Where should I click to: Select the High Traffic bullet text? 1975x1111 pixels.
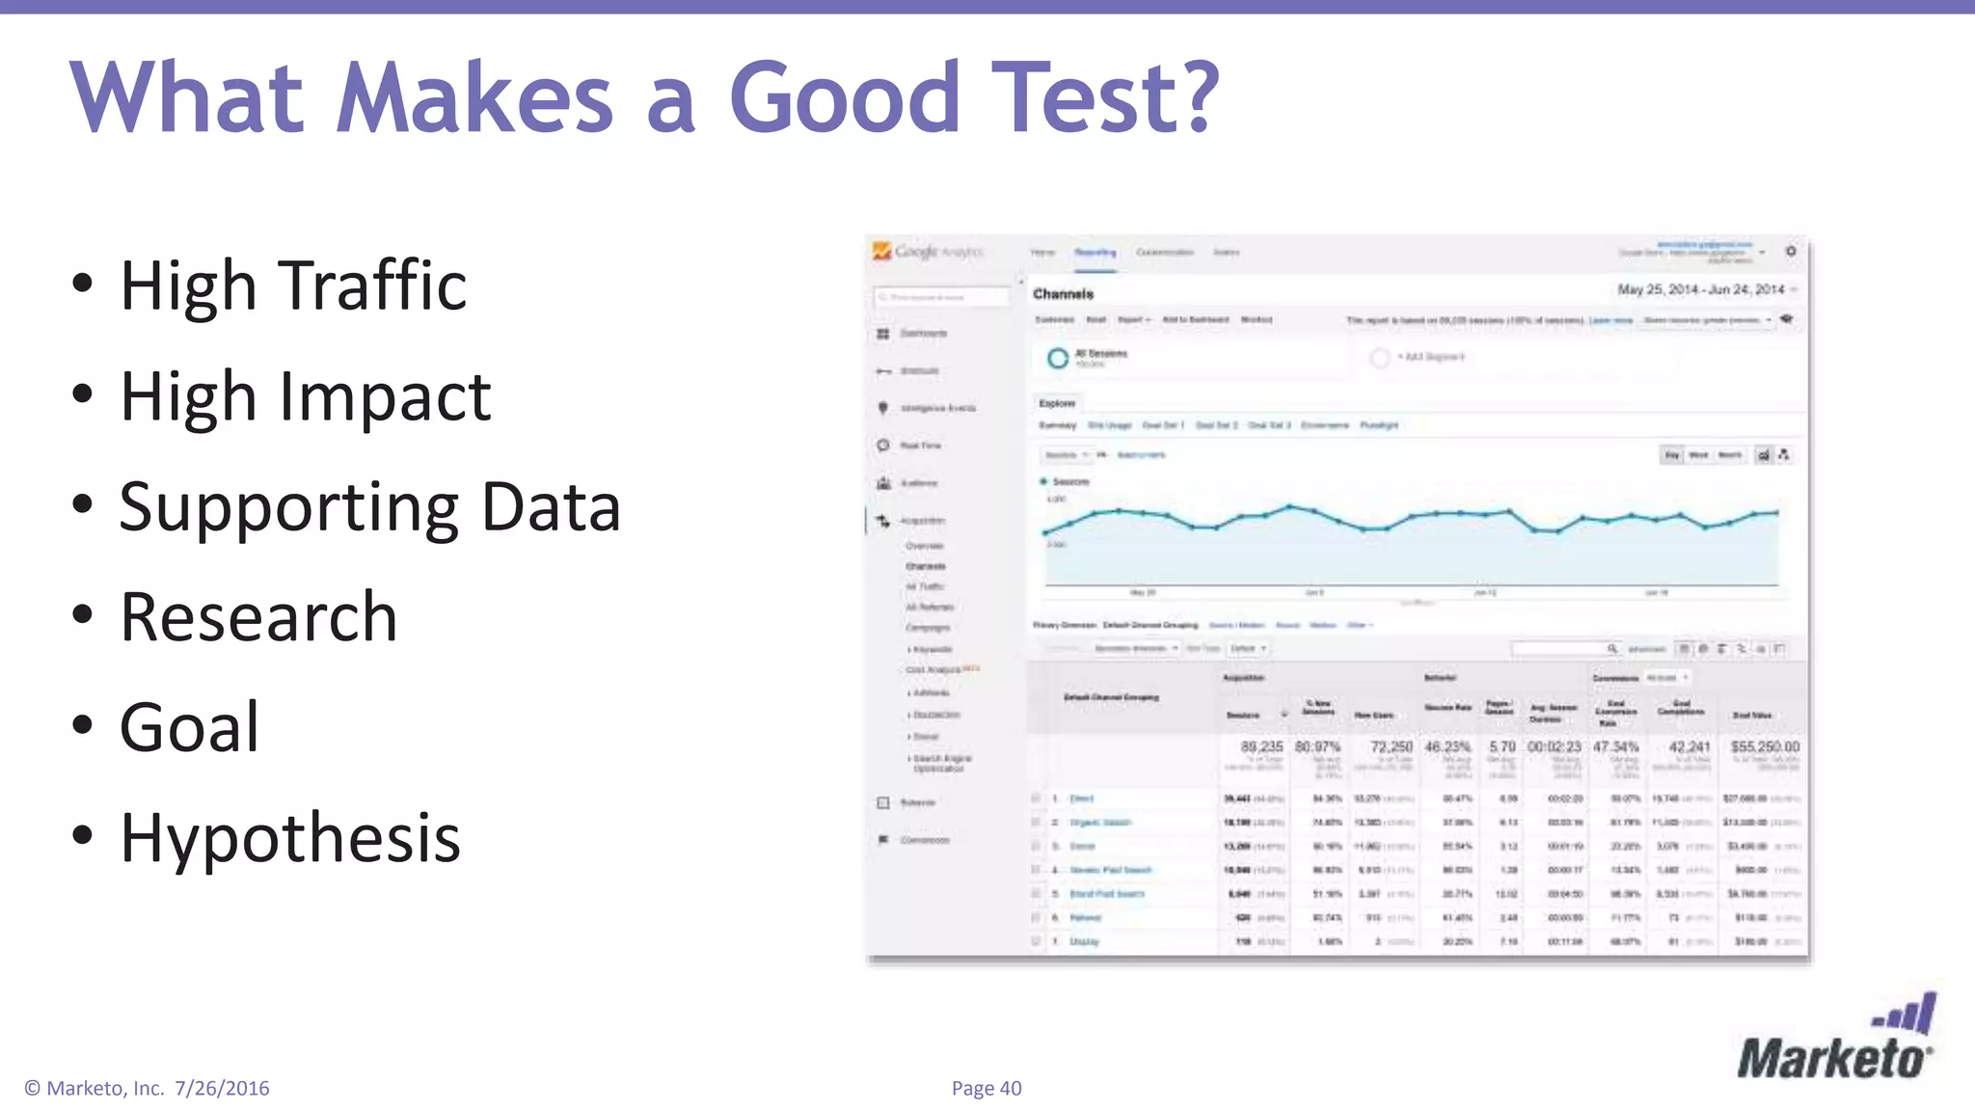click(293, 285)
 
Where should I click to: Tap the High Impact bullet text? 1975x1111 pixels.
click(305, 396)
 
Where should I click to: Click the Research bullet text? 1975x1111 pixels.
click(258, 617)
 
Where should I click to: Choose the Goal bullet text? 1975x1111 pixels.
click(189, 727)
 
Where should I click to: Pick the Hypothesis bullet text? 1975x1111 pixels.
click(290, 837)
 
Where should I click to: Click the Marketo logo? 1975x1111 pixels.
click(1836, 1042)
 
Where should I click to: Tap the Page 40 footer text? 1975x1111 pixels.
click(986, 1089)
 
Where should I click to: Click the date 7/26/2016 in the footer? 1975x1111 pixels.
click(222, 1089)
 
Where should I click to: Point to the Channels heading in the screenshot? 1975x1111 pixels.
click(1063, 294)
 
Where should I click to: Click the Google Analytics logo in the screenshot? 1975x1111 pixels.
click(928, 252)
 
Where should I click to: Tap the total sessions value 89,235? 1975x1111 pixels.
click(1261, 747)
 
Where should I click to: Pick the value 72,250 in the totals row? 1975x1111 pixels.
click(1391, 747)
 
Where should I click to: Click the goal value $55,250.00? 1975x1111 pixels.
click(1765, 747)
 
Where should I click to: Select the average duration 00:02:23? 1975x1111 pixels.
click(1554, 747)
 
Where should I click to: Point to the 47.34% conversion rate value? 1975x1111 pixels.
click(1615, 747)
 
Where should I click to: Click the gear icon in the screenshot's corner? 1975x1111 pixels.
click(1791, 251)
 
